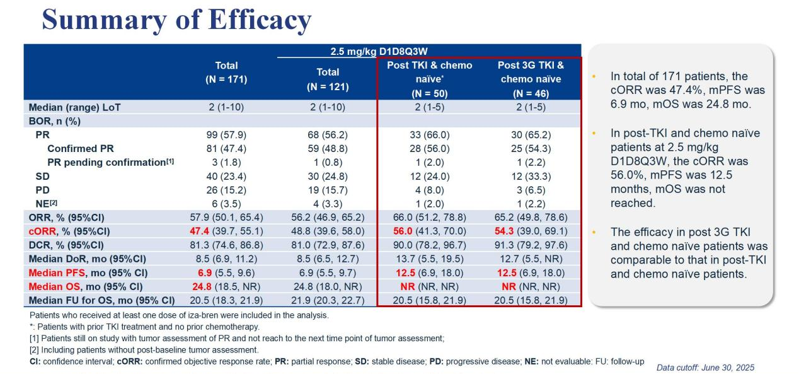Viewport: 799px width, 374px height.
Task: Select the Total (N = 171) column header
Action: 226,72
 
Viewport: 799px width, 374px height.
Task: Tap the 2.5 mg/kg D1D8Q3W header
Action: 375,51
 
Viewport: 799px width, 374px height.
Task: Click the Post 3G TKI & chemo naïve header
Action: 531,79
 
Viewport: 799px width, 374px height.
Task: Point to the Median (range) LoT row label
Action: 74,107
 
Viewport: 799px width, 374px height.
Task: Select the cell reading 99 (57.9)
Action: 226,135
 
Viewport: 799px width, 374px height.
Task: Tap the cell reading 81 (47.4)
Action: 226,149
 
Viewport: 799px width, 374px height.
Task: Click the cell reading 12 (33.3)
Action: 531,177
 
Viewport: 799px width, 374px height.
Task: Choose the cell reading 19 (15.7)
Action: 328,190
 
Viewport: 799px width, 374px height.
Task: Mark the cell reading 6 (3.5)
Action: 226,204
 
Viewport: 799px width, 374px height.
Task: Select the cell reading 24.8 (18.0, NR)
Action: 328,286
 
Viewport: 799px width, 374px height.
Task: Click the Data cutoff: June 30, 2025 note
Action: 705,368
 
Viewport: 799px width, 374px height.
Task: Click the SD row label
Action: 42,177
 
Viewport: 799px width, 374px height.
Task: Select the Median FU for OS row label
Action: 101,300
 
